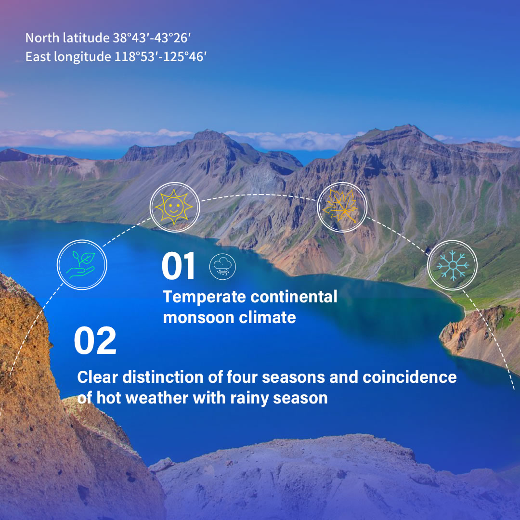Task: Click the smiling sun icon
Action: pyautogui.click(x=174, y=207)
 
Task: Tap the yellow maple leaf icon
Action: pyautogui.click(x=340, y=206)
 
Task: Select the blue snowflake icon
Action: pyautogui.click(x=453, y=265)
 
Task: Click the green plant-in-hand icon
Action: pyautogui.click(x=81, y=265)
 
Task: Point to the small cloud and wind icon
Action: pyautogui.click(x=222, y=266)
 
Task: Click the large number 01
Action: pyautogui.click(x=178, y=266)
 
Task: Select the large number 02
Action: pyautogui.click(x=95, y=340)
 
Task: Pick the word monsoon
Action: pyautogui.click(x=199, y=318)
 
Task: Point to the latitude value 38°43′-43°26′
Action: pyautogui.click(x=152, y=38)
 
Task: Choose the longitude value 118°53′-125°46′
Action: pyautogui.click(x=160, y=57)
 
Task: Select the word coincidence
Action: pyautogui.click(x=410, y=377)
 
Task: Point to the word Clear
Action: pyautogui.click(x=97, y=377)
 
